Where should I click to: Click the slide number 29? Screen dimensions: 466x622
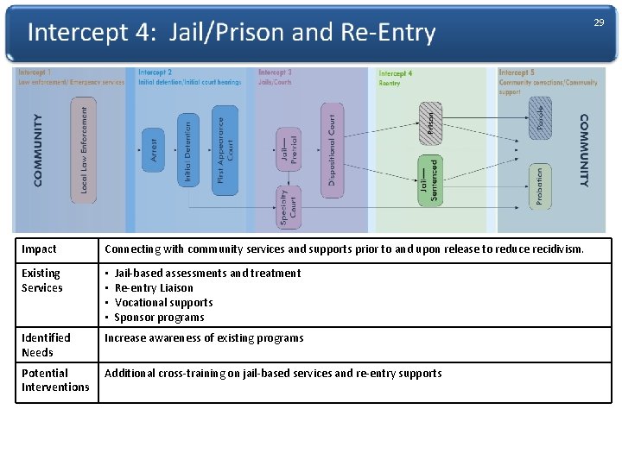click(599, 22)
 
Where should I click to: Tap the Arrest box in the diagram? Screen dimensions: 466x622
click(154, 149)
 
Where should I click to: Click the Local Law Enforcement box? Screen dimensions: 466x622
click(83, 148)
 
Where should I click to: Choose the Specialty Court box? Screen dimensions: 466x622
click(288, 208)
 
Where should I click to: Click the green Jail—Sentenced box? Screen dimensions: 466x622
click(429, 179)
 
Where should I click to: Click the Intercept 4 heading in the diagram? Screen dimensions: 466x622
click(396, 73)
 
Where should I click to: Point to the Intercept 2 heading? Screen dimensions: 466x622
click(155, 72)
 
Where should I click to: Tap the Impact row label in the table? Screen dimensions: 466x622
click(39, 249)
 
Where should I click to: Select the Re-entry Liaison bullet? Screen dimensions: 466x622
click(154, 287)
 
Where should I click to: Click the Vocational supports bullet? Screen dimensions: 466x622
click(163, 302)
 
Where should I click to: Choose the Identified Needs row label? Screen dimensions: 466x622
click(46, 344)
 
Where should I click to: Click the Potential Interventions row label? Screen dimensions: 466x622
click(54, 380)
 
